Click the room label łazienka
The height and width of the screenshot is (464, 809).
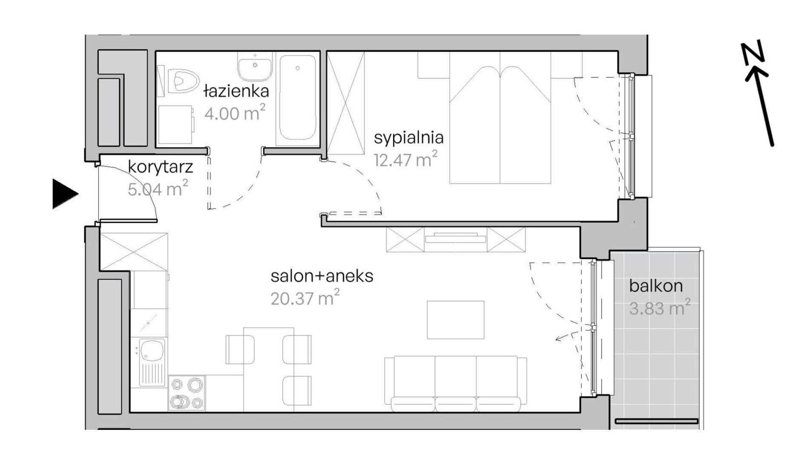(x=236, y=91)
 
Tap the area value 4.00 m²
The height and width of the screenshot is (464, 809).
(x=235, y=113)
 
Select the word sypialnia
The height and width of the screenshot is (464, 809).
(x=409, y=138)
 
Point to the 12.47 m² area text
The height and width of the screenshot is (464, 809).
(x=405, y=160)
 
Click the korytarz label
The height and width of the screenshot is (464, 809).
(x=161, y=167)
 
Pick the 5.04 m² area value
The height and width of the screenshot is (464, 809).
(x=158, y=189)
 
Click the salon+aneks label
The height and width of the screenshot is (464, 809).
(x=322, y=276)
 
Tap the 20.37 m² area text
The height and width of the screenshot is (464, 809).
(x=305, y=298)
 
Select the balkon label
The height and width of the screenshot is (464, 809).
(x=656, y=286)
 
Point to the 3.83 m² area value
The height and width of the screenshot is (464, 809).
(x=660, y=308)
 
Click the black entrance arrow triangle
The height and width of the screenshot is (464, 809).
(x=65, y=194)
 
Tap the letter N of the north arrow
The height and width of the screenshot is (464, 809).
(x=753, y=54)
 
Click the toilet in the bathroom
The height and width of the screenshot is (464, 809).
(x=184, y=80)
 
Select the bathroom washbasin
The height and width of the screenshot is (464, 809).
(x=255, y=66)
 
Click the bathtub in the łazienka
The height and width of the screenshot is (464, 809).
(x=298, y=98)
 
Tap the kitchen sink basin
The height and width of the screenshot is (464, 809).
(x=152, y=349)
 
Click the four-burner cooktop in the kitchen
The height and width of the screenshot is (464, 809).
(x=186, y=393)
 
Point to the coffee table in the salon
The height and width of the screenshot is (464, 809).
(x=456, y=320)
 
